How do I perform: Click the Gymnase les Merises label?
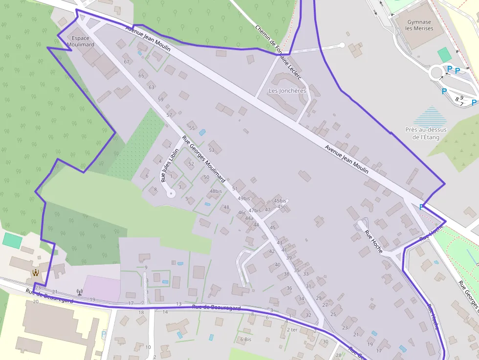coord(419,25)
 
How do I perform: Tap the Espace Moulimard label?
coord(80,42)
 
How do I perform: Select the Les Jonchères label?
coord(287,91)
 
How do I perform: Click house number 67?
coord(127,62)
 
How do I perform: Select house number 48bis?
coord(216,191)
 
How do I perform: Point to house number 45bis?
coord(280,201)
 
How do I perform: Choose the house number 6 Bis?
coord(245,339)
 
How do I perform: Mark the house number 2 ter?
coord(292,330)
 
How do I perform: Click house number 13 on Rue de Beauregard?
coord(178,304)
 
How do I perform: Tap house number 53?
coord(212,150)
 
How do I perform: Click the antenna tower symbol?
coord(79,293)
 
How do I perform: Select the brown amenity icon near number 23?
coord(35,273)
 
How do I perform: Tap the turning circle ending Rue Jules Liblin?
coord(171,194)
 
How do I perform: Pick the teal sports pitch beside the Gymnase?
coord(444,55)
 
